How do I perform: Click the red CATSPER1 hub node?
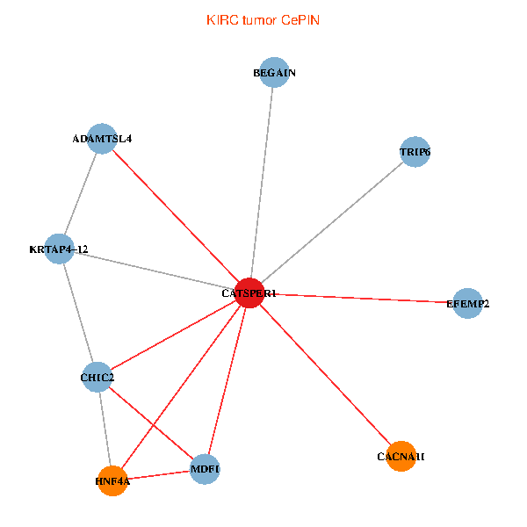(249, 293)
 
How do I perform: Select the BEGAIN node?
(274, 74)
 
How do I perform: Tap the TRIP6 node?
(415, 152)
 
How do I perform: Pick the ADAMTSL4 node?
(102, 139)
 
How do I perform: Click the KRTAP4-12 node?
(59, 249)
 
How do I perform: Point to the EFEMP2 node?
(467, 304)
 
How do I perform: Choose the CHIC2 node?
(97, 378)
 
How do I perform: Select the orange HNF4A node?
(112, 481)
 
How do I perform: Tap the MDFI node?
(205, 470)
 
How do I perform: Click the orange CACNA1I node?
(401, 457)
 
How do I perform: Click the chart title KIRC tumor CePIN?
(263, 19)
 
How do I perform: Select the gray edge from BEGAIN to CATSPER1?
(262, 184)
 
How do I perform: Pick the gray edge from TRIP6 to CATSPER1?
(332, 222)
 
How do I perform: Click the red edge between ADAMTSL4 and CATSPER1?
(176, 216)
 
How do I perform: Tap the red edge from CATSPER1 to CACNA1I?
(325, 375)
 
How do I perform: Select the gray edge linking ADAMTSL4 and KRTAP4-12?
(81, 194)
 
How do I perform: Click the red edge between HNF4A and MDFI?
(158, 476)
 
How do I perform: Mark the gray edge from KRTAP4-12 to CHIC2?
(77, 314)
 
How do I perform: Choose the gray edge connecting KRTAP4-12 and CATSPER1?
(154, 271)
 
